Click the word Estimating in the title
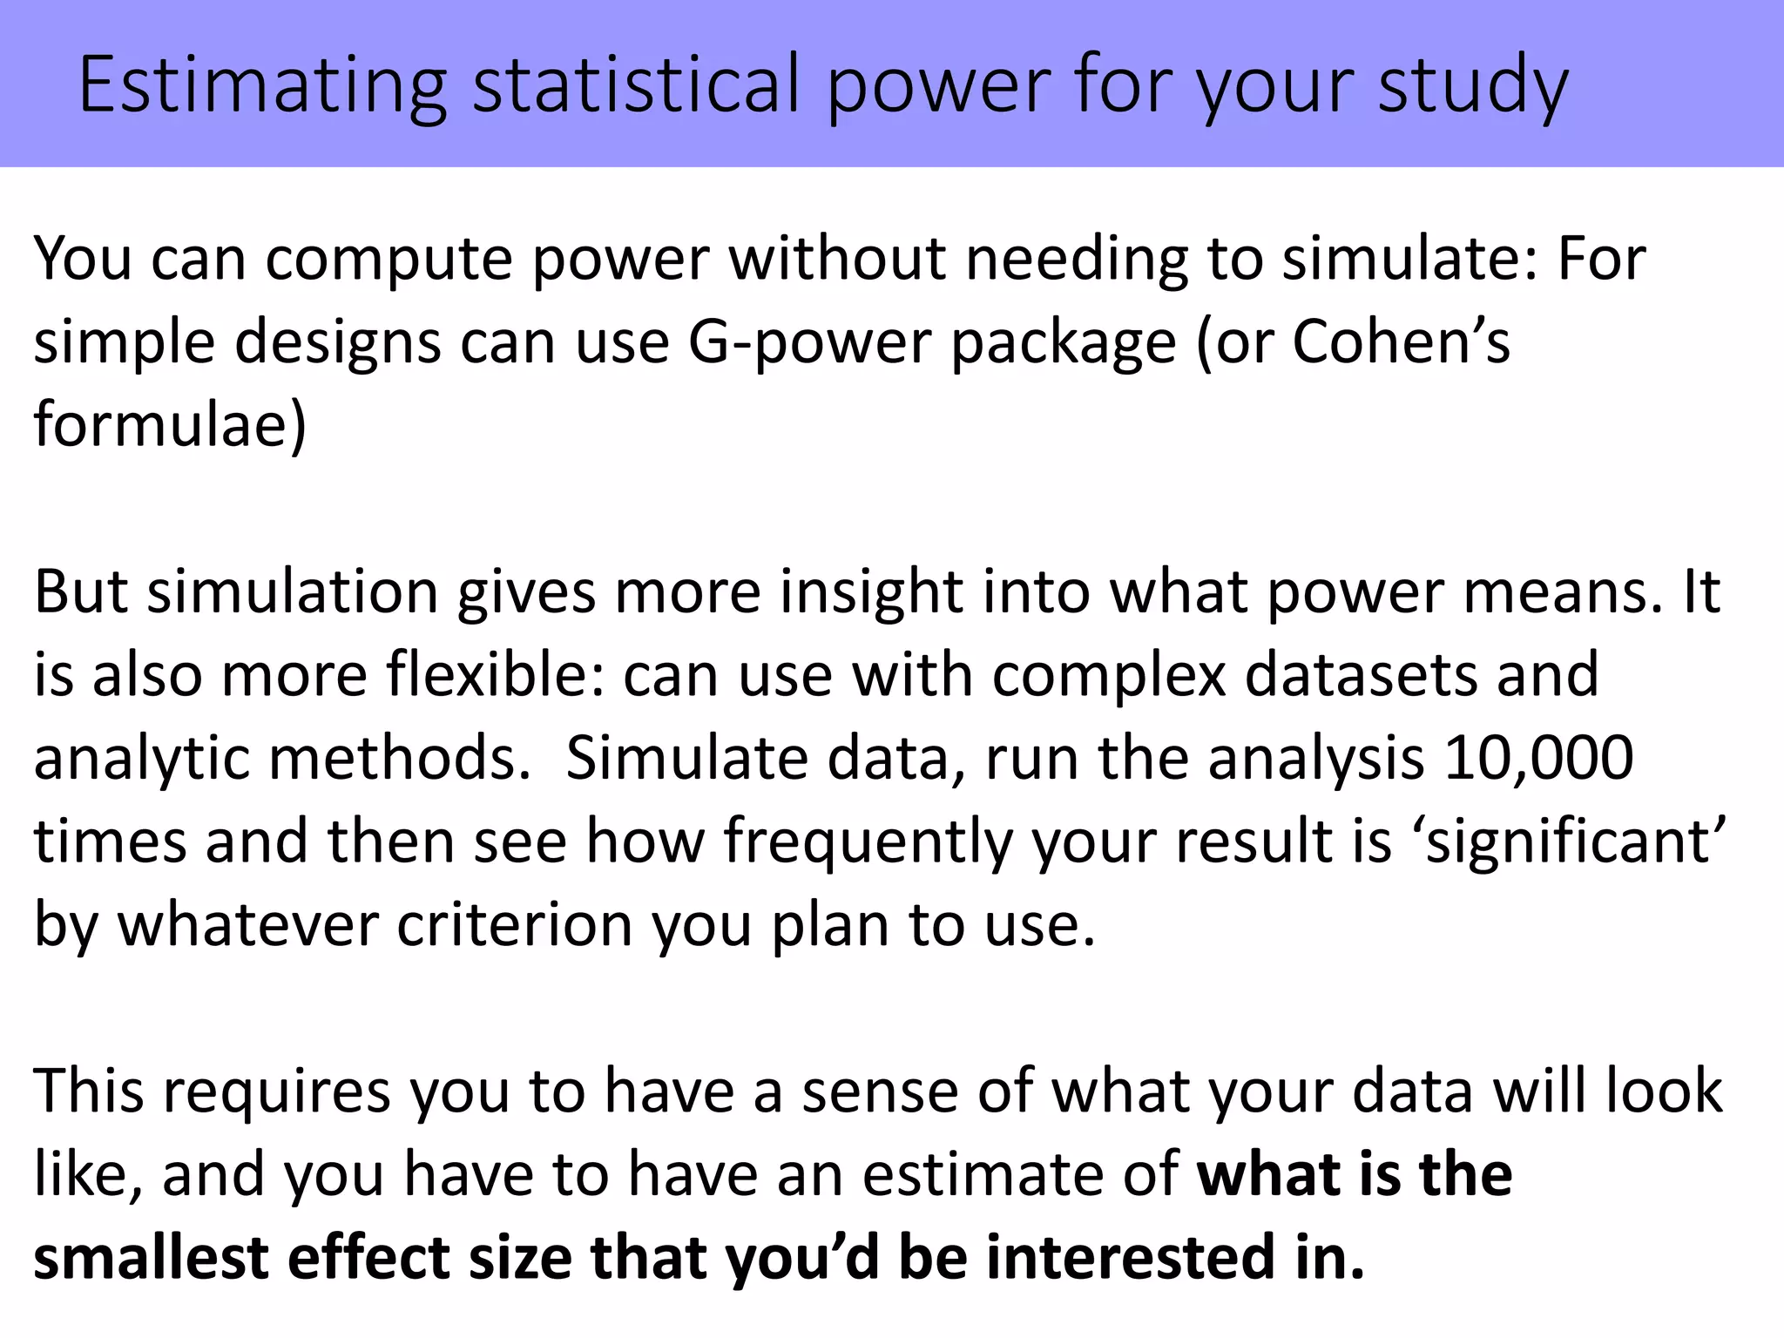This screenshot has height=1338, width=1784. [262, 85]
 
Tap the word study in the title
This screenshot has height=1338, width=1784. [1472, 85]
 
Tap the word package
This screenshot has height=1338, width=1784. [1063, 341]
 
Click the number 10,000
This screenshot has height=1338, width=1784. [1537, 758]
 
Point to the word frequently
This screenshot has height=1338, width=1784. [868, 841]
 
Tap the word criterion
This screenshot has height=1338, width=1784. [514, 924]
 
